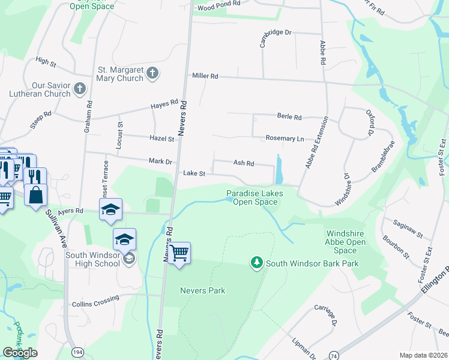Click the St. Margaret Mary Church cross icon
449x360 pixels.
[152, 74]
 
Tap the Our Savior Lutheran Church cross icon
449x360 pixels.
[80, 89]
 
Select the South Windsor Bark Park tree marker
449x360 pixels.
[257, 263]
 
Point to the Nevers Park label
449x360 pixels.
[202, 290]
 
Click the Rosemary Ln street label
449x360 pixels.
[285, 139]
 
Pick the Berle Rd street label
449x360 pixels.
[289, 117]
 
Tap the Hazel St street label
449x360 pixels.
[161, 139]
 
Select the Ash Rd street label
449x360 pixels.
[244, 163]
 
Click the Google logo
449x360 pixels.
[20, 353]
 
